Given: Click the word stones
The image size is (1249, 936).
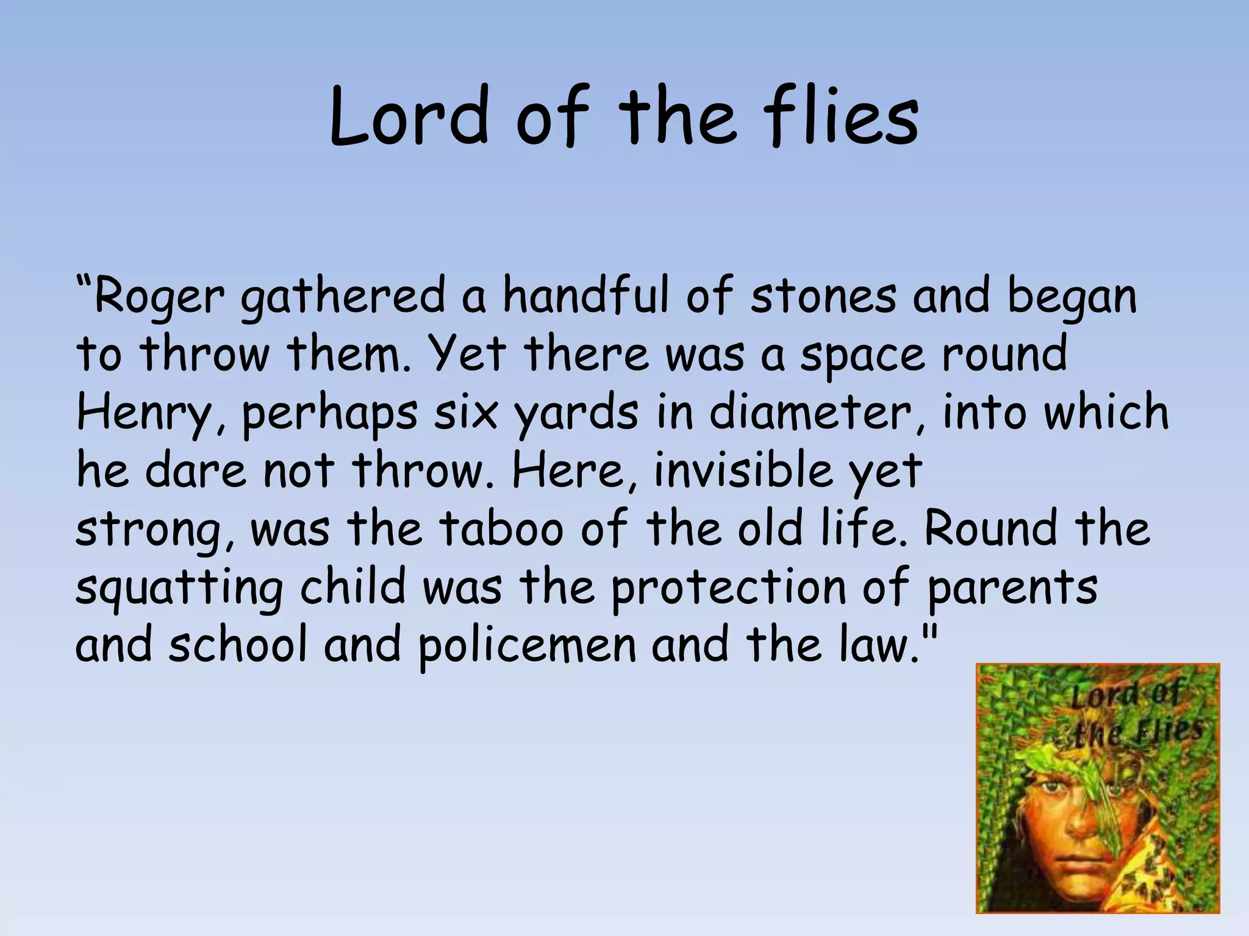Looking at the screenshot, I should pyautogui.click(x=823, y=296).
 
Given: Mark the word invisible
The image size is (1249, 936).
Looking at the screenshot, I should pyautogui.click(x=743, y=470).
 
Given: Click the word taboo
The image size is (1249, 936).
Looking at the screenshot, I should pyautogui.click(x=501, y=528).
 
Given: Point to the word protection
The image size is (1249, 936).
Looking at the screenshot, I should pyautogui.click(x=729, y=586).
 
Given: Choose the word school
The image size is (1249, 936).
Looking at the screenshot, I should pyautogui.click(x=238, y=644).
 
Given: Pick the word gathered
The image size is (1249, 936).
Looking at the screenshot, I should pyautogui.click(x=343, y=297).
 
